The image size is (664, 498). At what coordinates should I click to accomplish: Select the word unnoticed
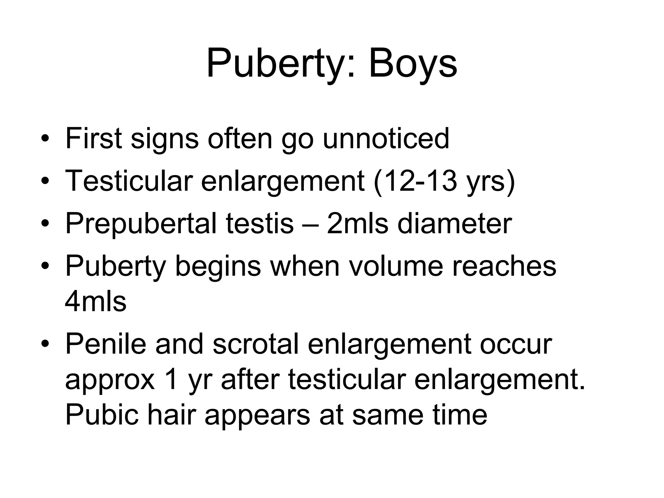[x=386, y=139]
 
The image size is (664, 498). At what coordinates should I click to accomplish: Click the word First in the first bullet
[x=94, y=139]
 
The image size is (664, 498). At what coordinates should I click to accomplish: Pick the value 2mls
[x=357, y=224]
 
